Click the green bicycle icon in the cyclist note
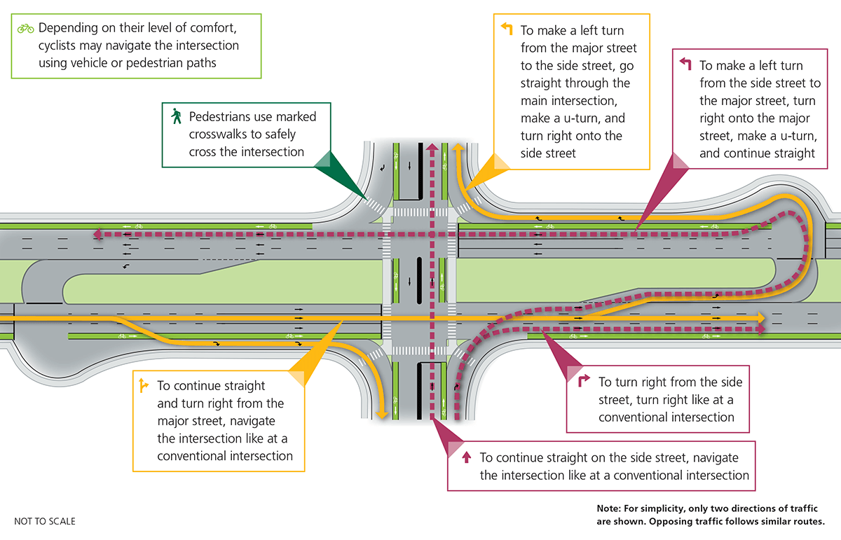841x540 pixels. (x=26, y=29)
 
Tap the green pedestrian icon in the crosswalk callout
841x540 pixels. (x=176, y=116)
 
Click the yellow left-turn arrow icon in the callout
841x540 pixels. (x=507, y=29)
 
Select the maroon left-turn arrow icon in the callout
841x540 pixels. (x=686, y=64)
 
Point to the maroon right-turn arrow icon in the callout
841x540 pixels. (x=583, y=382)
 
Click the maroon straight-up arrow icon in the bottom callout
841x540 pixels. (x=466, y=457)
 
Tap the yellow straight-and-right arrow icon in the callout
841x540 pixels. (x=143, y=385)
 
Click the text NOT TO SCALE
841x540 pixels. (x=45, y=521)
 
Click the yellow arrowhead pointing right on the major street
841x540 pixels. (x=762, y=319)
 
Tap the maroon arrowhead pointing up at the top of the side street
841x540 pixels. (x=432, y=147)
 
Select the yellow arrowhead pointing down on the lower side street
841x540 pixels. (x=382, y=415)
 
